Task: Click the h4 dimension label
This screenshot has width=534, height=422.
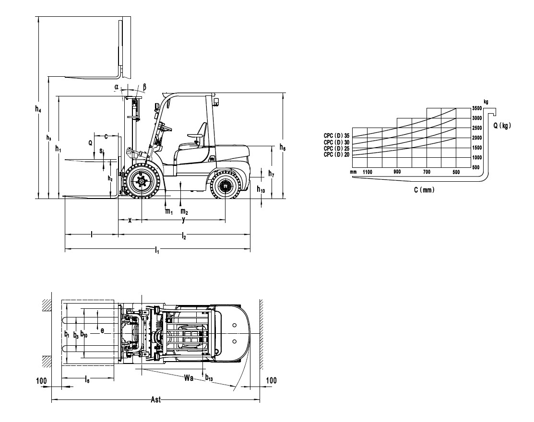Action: [38, 109]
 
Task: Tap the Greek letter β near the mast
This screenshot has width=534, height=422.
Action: [144, 87]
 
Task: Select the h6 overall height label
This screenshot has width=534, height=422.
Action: [282, 147]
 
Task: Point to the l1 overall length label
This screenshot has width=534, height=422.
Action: [157, 251]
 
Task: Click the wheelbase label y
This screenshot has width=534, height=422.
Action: [183, 220]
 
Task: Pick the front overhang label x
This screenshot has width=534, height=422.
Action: [130, 220]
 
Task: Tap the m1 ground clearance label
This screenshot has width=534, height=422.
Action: [169, 211]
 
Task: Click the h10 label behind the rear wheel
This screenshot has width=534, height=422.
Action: [261, 189]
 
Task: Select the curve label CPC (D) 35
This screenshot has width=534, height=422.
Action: [336, 136]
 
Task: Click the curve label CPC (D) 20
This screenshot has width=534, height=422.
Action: [336, 154]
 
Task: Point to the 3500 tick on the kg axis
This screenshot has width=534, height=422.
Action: [477, 108]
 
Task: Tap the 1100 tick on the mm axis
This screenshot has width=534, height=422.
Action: [368, 172]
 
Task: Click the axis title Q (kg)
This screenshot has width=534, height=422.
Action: [502, 126]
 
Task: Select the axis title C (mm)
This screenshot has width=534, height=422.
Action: [424, 190]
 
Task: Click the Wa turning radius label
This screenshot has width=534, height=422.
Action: [189, 377]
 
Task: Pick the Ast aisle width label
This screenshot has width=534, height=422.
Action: [155, 399]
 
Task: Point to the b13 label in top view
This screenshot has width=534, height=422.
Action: [209, 378]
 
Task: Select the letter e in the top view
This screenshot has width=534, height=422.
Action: [102, 330]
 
